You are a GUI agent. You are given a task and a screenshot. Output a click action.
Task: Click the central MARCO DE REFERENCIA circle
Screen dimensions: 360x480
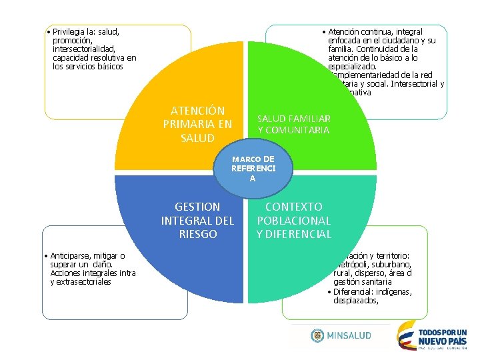253,169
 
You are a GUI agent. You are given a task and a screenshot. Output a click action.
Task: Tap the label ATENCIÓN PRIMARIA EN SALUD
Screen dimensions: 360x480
197,124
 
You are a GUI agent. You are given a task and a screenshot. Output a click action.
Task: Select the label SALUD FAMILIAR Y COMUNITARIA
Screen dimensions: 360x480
293,124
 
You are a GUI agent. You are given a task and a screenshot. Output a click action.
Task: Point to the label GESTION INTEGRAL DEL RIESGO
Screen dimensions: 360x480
197,220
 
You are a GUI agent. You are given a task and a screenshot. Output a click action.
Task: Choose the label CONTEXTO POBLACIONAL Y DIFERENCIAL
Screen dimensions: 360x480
293,220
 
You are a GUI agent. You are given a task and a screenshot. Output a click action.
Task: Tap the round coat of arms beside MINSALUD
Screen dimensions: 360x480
317,335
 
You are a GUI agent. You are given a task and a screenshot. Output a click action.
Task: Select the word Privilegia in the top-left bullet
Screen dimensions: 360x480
71,31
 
